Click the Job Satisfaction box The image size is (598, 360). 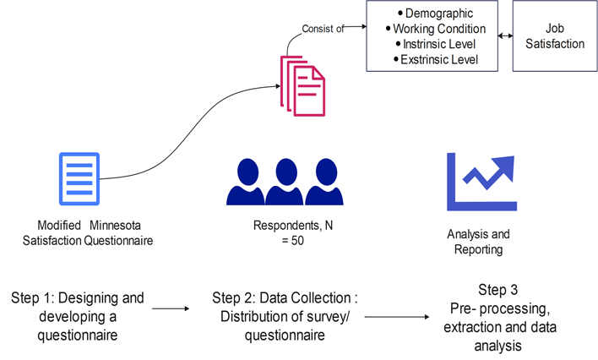click(555, 36)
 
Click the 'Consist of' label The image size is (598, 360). click(323, 29)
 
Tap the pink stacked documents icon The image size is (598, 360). click(303, 84)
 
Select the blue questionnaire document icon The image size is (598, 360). click(79, 178)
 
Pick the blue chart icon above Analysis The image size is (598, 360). click(481, 182)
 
